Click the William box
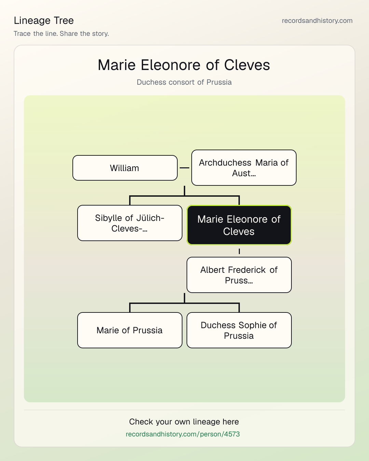(125, 168)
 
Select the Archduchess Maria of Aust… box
(244, 168)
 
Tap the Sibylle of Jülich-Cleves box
(130, 223)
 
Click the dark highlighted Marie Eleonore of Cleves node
(239, 225)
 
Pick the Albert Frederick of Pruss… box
(239, 275)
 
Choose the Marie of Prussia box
(130, 330)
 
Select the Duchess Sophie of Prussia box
(239, 330)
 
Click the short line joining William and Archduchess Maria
(184, 168)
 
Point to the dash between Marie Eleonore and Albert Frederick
(239, 251)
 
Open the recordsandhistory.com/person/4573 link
(183, 434)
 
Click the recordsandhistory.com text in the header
(317, 20)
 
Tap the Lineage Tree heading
(44, 20)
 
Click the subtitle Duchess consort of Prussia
(184, 82)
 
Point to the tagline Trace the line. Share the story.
(61, 33)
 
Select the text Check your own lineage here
(184, 422)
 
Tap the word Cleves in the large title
(247, 65)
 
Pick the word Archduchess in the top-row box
(225, 163)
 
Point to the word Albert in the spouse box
(213, 270)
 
